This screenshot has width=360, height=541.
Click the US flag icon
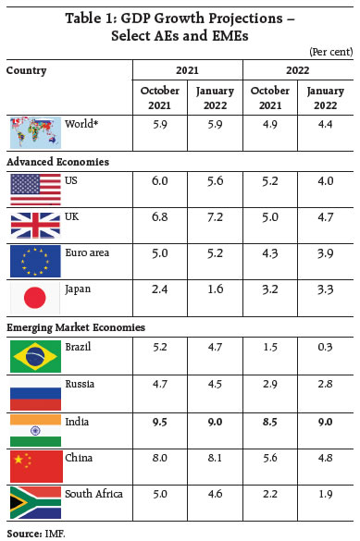pos(35,189)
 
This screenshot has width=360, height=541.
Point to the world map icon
pos(35,130)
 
